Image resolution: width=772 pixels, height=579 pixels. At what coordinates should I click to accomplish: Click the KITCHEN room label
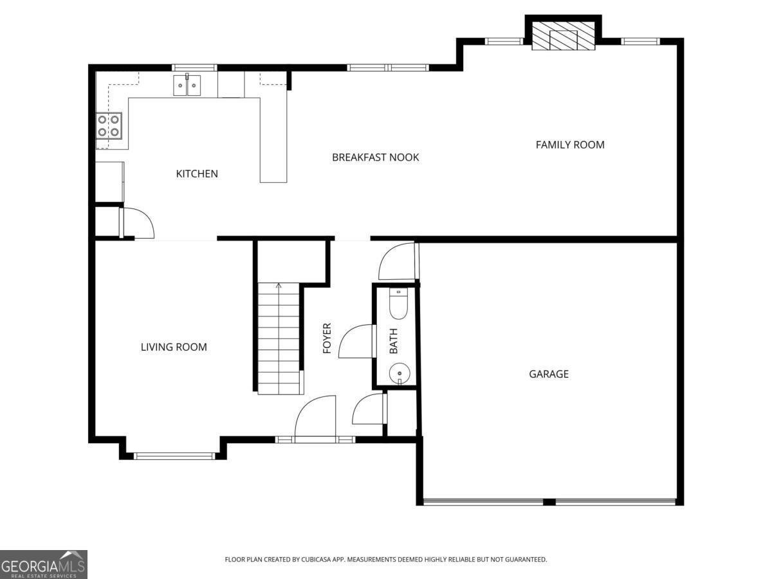pyautogui.click(x=197, y=174)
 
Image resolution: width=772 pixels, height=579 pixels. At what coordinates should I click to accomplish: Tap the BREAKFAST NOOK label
pyautogui.click(x=375, y=157)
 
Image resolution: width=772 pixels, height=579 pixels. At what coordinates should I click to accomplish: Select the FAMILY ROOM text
pyautogui.click(x=570, y=145)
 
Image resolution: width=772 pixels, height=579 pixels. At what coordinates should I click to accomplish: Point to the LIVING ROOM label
pyautogui.click(x=174, y=347)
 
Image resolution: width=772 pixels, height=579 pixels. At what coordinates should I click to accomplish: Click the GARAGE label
pyautogui.click(x=549, y=374)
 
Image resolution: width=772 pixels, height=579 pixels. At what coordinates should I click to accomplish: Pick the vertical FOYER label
pyautogui.click(x=327, y=338)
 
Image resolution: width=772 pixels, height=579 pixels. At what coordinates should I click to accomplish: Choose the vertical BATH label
pyautogui.click(x=394, y=341)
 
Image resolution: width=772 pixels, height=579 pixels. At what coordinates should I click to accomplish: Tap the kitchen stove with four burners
pyautogui.click(x=109, y=125)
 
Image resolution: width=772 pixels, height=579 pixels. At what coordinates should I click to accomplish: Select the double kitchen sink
pyautogui.click(x=187, y=85)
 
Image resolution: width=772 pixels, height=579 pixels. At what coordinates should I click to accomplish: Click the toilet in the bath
pyautogui.click(x=399, y=305)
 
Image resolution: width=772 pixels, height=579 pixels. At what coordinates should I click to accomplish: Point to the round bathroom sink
pyautogui.click(x=400, y=373)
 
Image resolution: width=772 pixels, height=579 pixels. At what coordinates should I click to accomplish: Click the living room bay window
pyautogui.click(x=174, y=456)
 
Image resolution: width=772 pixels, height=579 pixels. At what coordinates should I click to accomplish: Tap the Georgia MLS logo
pyautogui.click(x=43, y=564)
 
